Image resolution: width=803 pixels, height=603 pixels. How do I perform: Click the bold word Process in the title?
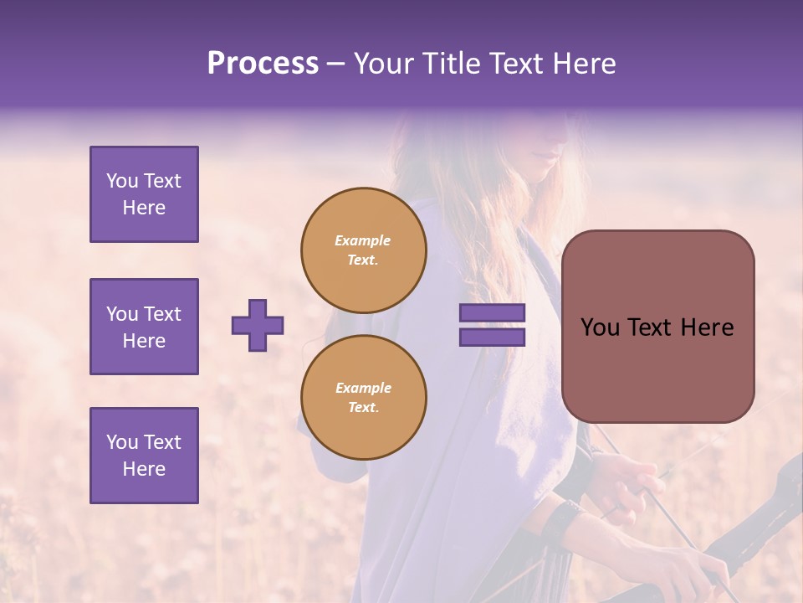coord(263,64)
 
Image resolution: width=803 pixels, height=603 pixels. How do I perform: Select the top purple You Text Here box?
coord(144,194)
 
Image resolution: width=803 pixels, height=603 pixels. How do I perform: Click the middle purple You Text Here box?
coord(144,327)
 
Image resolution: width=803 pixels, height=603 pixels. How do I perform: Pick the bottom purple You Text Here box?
coord(144,456)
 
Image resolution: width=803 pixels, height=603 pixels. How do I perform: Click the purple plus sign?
coord(258,325)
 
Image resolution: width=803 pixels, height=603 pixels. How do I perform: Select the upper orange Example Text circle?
coord(364,250)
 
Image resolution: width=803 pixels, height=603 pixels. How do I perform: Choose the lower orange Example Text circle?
coord(364,397)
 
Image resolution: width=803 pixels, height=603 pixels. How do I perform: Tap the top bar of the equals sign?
coord(492,313)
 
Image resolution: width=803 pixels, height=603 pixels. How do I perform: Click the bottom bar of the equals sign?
coord(492,337)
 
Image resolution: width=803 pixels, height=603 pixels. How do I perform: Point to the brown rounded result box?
coord(657,327)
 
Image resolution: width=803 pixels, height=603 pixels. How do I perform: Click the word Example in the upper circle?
coord(362,240)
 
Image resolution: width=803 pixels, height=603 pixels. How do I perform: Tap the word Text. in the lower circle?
coord(363,407)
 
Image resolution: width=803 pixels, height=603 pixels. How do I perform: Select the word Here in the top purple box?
coord(144,208)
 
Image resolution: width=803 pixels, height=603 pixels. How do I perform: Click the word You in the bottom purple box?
coord(122,442)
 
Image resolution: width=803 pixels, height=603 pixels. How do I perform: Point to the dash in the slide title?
coord(335,64)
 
